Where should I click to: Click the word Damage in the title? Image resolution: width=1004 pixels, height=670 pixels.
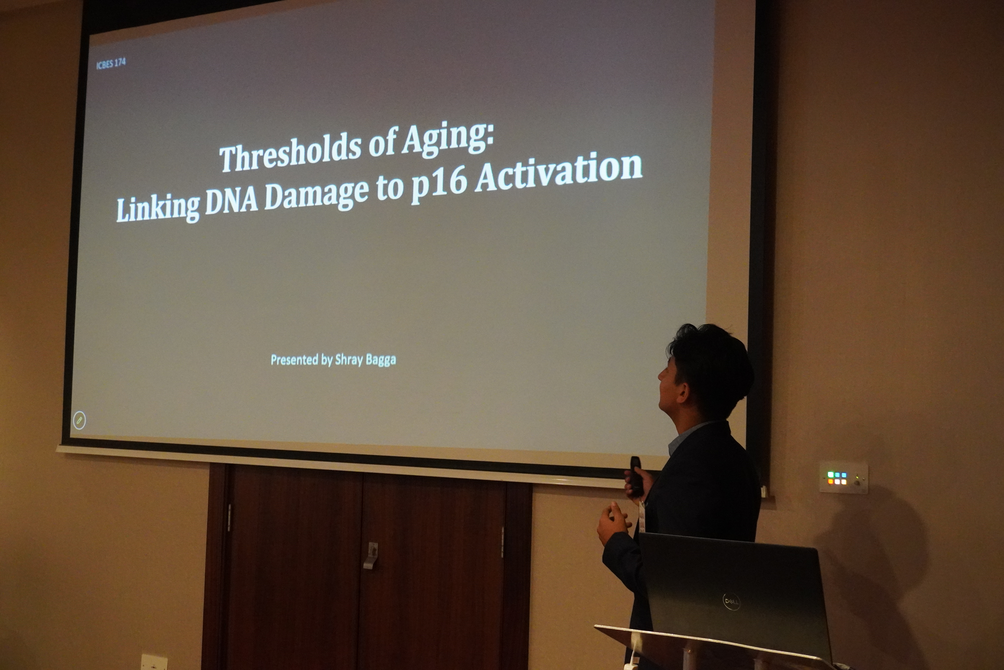pyautogui.click(x=316, y=194)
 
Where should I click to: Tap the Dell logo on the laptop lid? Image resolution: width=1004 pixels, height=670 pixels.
pyautogui.click(x=731, y=602)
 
